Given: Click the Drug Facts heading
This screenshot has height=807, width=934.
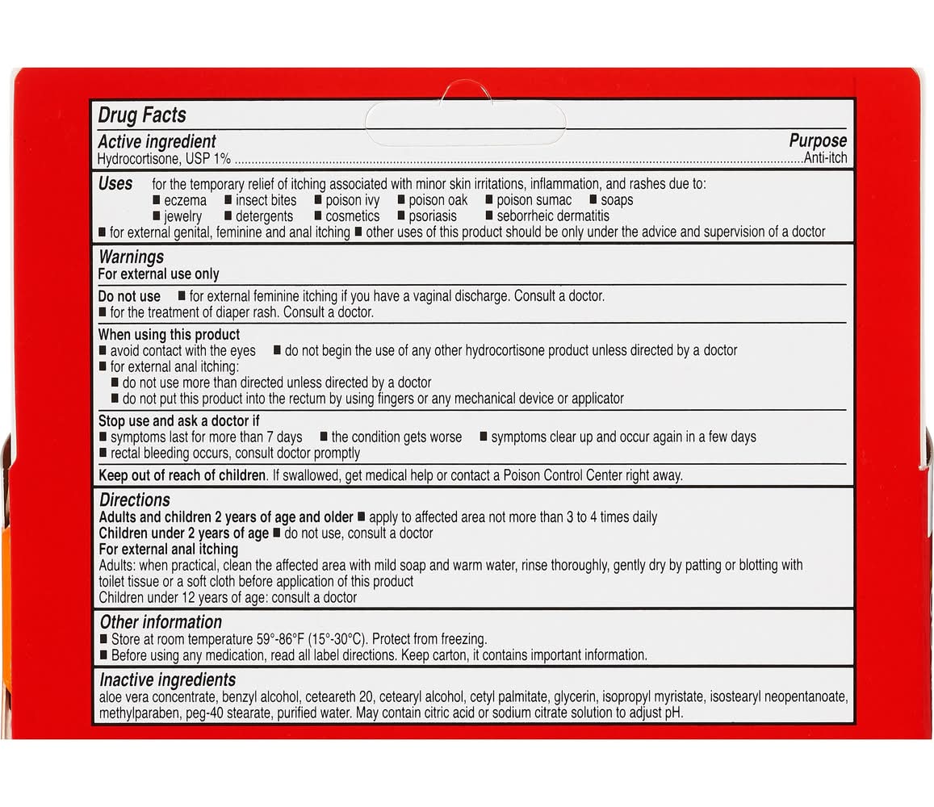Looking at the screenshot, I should pos(142,115).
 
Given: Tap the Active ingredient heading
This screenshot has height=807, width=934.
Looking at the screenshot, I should pos(157,143).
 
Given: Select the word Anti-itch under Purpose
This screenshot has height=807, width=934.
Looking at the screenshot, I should pos(825,158).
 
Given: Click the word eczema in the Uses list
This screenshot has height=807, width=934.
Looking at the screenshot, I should pos(185,200).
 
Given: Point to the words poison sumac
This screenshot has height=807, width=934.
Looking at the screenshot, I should pos(534,200).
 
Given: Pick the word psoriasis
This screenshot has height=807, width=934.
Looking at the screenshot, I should pos(433,216).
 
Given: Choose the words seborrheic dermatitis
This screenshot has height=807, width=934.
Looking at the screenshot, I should pos(553,216).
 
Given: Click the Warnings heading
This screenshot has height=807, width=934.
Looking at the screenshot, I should pos(131,257).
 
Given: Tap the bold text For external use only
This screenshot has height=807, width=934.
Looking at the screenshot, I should pos(158,274).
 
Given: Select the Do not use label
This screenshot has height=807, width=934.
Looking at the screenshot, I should pos(129,296).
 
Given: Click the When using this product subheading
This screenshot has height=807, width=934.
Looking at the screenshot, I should pos(169,334).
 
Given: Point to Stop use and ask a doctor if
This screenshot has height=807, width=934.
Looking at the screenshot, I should pos(179,420).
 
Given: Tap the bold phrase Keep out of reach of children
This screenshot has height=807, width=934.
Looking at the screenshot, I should pos(182,475).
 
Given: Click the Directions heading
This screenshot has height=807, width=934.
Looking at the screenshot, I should pos(135,500).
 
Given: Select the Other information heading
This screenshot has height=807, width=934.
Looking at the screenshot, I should pos(161,622).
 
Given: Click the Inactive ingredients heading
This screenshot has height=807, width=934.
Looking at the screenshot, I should pos(167,679).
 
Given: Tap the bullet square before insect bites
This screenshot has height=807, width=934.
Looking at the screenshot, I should pos(228,200).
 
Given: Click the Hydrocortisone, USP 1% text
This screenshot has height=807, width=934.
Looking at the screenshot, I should pos(165,159).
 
